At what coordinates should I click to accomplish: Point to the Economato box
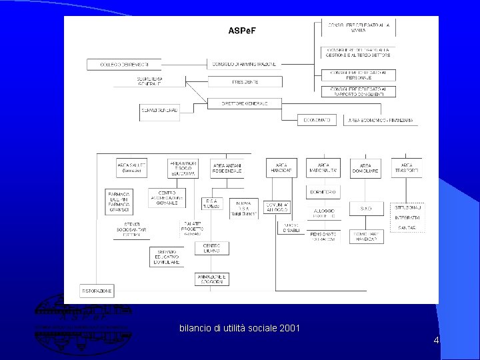tap(317, 120)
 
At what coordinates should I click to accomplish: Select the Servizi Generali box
tap(160, 110)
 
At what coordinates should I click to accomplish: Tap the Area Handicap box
tap(281, 167)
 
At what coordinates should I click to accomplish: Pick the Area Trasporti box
tap(406, 167)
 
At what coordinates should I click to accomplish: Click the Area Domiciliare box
tap(365, 167)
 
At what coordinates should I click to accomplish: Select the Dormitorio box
tap(323, 192)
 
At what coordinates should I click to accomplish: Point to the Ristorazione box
tap(97, 291)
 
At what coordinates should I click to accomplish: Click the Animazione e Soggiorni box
tap(213, 279)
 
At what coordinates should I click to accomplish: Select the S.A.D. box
tap(366, 209)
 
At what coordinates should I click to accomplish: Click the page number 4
tap(436, 341)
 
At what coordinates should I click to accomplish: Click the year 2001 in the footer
tap(288, 328)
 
